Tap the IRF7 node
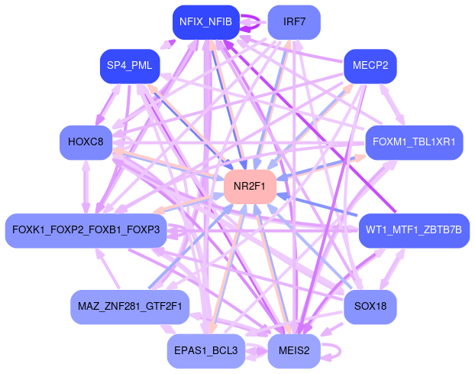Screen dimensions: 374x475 click(x=294, y=21)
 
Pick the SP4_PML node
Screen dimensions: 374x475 click(x=129, y=66)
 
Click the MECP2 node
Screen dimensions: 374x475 click(x=370, y=66)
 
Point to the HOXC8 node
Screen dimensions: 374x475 click(x=86, y=142)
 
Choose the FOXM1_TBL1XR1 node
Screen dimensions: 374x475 click(x=413, y=142)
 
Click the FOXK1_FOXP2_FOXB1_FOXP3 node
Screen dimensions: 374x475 click(x=86, y=230)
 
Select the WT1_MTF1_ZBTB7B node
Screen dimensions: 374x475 click(x=413, y=230)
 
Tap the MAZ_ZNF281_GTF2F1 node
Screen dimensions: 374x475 click(x=129, y=307)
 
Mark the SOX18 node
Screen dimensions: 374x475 click(x=370, y=307)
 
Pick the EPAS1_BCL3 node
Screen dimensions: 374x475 click(x=205, y=351)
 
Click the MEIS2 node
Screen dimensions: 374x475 click(x=294, y=351)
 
